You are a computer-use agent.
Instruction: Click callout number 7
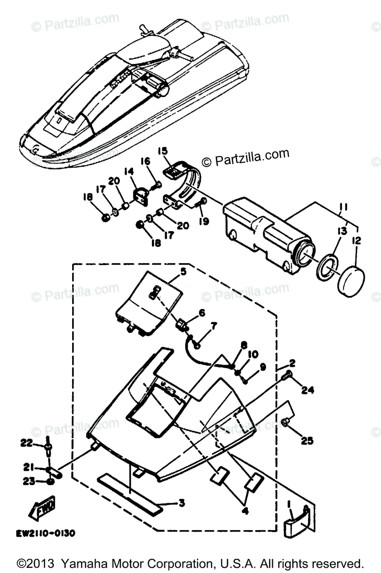(213, 326)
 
